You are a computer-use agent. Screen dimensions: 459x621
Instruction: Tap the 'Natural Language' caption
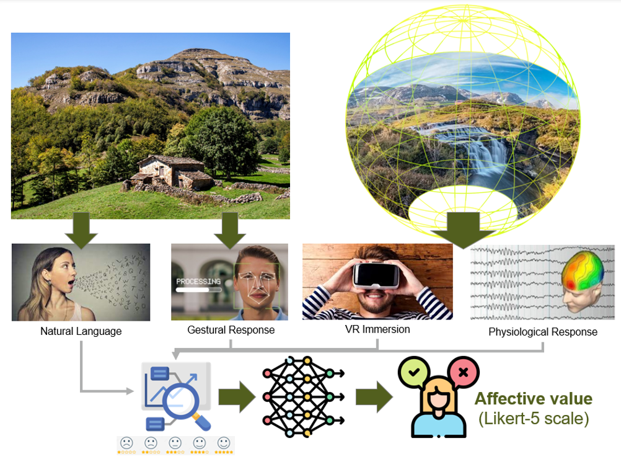point(81,331)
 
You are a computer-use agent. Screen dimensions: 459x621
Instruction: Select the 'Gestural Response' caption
point(231,330)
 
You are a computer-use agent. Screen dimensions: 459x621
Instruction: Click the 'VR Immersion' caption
point(377,329)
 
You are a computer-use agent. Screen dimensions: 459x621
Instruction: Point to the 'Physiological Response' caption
point(543,332)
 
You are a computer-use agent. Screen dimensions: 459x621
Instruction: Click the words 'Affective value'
point(534,399)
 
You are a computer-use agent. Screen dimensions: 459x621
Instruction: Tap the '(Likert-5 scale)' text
point(534,419)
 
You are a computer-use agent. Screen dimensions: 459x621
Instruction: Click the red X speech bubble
point(463,372)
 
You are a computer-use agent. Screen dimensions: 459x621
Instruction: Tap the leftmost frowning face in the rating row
point(127,443)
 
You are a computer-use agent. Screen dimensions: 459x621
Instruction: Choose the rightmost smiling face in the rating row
point(224,443)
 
